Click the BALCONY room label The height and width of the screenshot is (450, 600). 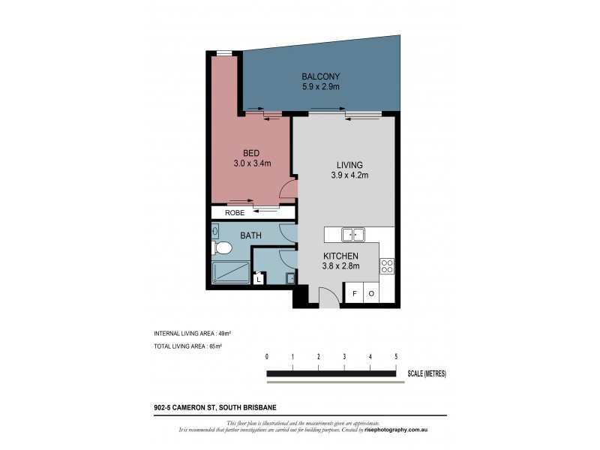(321, 76)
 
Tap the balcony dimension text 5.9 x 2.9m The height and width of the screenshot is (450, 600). (321, 87)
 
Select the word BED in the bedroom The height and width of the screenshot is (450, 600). (250, 153)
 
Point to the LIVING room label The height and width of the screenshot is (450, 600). (349, 165)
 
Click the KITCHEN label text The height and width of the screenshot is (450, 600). (341, 256)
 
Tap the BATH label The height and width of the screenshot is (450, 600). (250, 235)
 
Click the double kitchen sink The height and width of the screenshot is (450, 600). (353, 235)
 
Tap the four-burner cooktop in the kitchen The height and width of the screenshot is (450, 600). (388, 265)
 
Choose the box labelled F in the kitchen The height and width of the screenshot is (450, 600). (355, 294)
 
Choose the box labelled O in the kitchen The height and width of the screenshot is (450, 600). (371, 294)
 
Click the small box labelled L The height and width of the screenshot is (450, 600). (259, 280)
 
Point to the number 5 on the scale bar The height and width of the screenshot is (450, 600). (395, 356)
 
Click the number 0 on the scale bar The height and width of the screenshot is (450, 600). (267, 356)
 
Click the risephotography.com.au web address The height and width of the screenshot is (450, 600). (396, 430)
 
